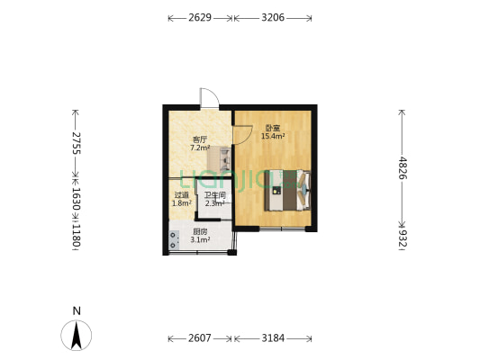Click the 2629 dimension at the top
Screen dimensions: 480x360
pos(200,18)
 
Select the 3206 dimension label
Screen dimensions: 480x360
pos(273,18)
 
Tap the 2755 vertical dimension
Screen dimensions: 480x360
pos(76,143)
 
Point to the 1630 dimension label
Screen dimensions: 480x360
pos(76,199)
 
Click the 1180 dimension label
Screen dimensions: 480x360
pos(76,235)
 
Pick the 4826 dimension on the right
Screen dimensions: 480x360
pos(403,168)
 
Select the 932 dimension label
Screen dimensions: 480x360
pos(403,238)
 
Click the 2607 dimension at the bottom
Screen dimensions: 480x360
pos(200,338)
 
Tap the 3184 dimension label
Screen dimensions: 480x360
pos(273,338)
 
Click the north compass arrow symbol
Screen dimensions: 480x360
pos(77,335)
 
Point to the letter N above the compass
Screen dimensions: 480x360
pos(77,311)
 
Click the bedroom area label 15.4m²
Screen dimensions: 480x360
pos(273,136)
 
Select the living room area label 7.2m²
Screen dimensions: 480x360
pos(200,148)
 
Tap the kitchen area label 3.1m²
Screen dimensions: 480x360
pos(200,239)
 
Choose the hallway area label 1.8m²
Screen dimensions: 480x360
pos(182,202)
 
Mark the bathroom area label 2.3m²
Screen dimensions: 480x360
pos(215,203)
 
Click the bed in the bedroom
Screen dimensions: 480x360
pos(287,190)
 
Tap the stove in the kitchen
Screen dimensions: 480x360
pos(174,239)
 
